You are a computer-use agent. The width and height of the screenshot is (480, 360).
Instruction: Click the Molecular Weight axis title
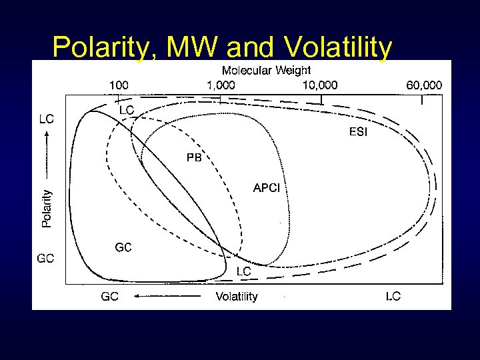pos(266,69)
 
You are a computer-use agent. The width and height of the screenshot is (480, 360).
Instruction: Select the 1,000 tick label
pos(221,85)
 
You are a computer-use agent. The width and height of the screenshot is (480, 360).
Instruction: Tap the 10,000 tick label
pos(320,85)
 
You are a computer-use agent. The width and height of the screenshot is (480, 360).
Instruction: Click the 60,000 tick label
pos(423,85)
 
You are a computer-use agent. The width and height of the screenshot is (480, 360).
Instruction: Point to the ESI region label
pos(358,132)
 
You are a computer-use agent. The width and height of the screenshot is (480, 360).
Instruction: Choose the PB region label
pos(193,158)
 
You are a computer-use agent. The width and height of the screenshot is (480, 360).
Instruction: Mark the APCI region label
pos(267,188)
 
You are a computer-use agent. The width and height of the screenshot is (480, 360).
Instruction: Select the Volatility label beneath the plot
pos(236,296)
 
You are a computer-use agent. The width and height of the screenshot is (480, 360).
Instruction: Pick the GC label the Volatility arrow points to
pos(110,296)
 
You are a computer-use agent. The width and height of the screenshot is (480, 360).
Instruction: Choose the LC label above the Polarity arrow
pos(47,119)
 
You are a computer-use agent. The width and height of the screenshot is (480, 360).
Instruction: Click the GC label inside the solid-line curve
pos(123,247)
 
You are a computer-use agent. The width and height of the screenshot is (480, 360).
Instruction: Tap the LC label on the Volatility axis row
pos(393,296)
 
